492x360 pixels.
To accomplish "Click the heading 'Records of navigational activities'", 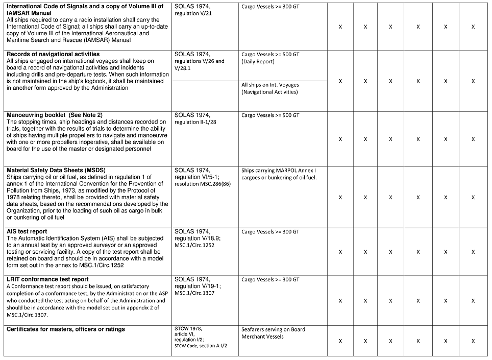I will click(x=53, y=54).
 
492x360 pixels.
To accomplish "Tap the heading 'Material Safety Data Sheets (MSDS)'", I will click(x=56, y=170).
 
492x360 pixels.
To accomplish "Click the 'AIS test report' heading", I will click(x=27, y=232).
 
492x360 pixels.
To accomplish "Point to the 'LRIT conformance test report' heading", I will click(x=47, y=279).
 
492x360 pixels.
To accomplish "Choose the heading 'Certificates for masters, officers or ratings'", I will click(x=66, y=329).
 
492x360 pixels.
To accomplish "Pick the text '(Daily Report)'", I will click(x=258, y=61).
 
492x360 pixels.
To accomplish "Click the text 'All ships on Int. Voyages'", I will click(x=270, y=85).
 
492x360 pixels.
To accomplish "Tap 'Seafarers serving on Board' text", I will click(x=273, y=329).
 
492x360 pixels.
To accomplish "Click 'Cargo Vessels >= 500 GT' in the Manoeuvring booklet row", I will click(x=270, y=115).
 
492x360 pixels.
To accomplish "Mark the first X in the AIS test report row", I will click(x=340, y=252).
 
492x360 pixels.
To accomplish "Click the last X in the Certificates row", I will click(x=473, y=341).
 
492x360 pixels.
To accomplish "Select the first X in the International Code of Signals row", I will click(x=340, y=27).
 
